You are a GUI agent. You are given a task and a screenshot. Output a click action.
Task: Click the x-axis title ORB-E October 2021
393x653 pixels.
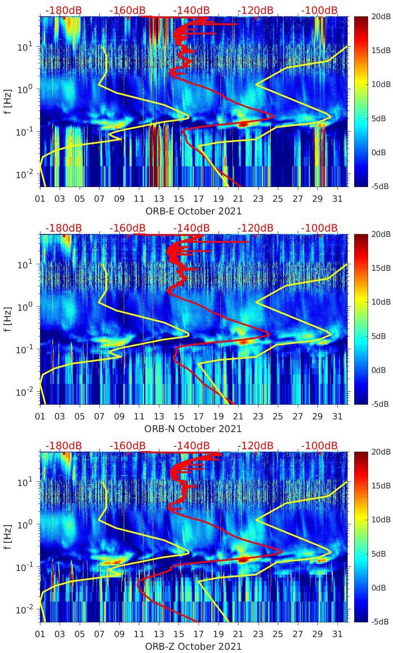193,211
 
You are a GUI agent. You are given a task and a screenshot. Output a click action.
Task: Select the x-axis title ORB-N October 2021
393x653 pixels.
193,429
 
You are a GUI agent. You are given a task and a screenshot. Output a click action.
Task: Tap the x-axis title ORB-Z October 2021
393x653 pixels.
193,646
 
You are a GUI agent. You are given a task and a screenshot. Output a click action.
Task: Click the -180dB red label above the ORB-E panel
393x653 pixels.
63,10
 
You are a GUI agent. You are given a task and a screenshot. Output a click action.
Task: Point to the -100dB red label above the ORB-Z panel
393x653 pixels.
319,446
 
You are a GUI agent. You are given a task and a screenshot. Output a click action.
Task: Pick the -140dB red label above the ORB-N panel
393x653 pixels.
191,228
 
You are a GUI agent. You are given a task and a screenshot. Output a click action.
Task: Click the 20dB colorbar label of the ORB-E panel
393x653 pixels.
381,16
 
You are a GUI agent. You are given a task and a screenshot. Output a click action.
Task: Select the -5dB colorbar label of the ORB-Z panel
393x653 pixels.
380,622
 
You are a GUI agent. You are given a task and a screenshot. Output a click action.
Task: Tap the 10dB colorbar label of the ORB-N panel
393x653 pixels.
381,302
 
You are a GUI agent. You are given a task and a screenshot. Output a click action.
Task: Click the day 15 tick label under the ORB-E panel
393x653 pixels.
179,199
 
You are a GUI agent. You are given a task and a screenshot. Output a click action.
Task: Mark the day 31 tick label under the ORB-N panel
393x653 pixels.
337,417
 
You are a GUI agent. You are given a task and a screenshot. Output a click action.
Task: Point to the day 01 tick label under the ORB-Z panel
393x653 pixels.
40,634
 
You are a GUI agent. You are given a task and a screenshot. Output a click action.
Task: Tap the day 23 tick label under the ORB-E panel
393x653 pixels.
258,199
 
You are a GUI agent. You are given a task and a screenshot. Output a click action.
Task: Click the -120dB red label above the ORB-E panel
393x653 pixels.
255,10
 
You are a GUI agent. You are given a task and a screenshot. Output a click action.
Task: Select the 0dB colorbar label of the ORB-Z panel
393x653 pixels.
380,588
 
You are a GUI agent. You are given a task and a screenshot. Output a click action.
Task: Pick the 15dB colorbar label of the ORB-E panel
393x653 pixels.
381,50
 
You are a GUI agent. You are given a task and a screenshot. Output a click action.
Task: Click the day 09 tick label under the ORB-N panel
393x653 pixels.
119,417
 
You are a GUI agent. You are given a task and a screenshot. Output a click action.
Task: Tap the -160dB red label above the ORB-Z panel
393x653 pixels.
127,446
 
